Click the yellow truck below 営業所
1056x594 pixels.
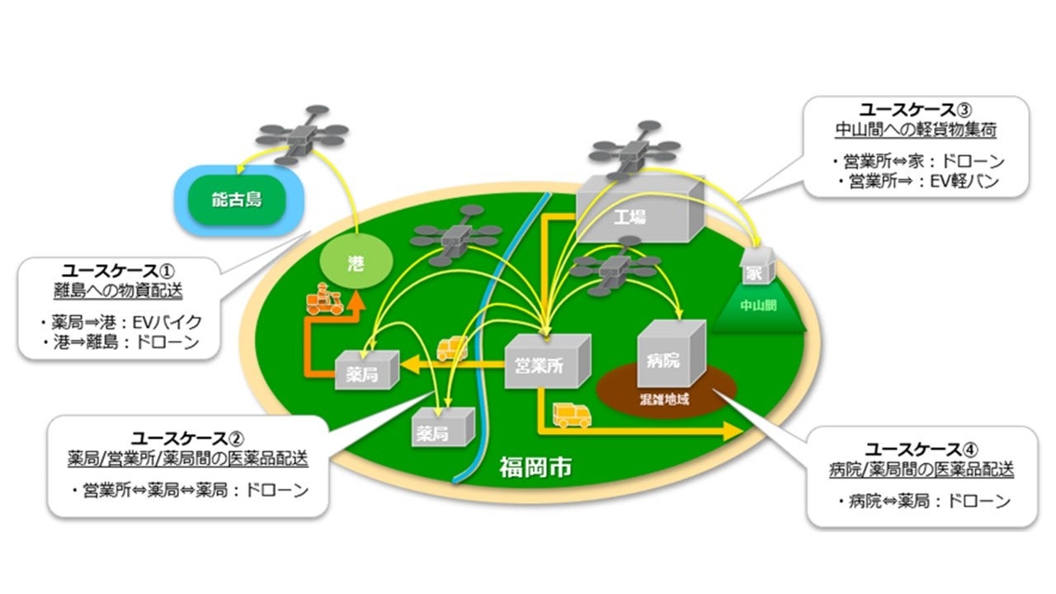(572, 414)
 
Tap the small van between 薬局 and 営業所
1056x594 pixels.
(452, 347)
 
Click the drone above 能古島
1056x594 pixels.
(300, 134)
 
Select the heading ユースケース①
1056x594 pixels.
(120, 270)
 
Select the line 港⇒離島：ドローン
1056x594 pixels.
(119, 342)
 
